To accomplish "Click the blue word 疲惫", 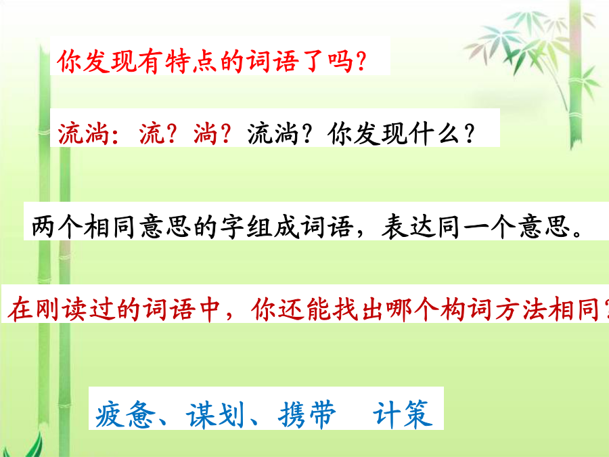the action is pyautogui.click(x=125, y=415).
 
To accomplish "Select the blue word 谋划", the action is pyautogui.click(x=216, y=415).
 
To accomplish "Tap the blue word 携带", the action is pyautogui.click(x=307, y=415).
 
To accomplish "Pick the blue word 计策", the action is pyautogui.click(x=403, y=415).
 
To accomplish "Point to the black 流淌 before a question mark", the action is pyautogui.click(x=273, y=133).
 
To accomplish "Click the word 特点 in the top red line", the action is pyautogui.click(x=191, y=62).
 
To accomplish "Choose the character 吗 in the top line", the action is pyautogui.click(x=340, y=62).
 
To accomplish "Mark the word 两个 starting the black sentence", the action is pyautogui.click(x=57, y=226).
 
